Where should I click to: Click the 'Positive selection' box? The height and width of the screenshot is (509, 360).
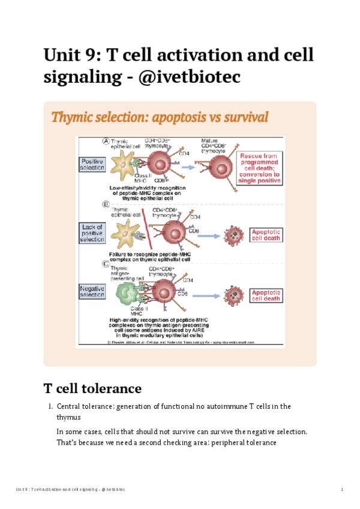(92, 164)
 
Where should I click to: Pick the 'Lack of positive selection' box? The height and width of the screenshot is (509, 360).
(92, 232)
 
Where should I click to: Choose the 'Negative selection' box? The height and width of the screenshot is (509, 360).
(92, 291)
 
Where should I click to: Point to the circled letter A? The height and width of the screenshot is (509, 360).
(106, 142)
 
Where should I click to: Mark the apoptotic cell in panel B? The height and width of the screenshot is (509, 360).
(232, 234)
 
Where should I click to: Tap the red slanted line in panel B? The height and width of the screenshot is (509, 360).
(145, 230)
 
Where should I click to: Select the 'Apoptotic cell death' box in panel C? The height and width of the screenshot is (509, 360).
(266, 295)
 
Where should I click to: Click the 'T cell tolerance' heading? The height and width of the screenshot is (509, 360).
(92, 388)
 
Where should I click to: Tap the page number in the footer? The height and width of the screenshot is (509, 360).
(341, 490)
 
